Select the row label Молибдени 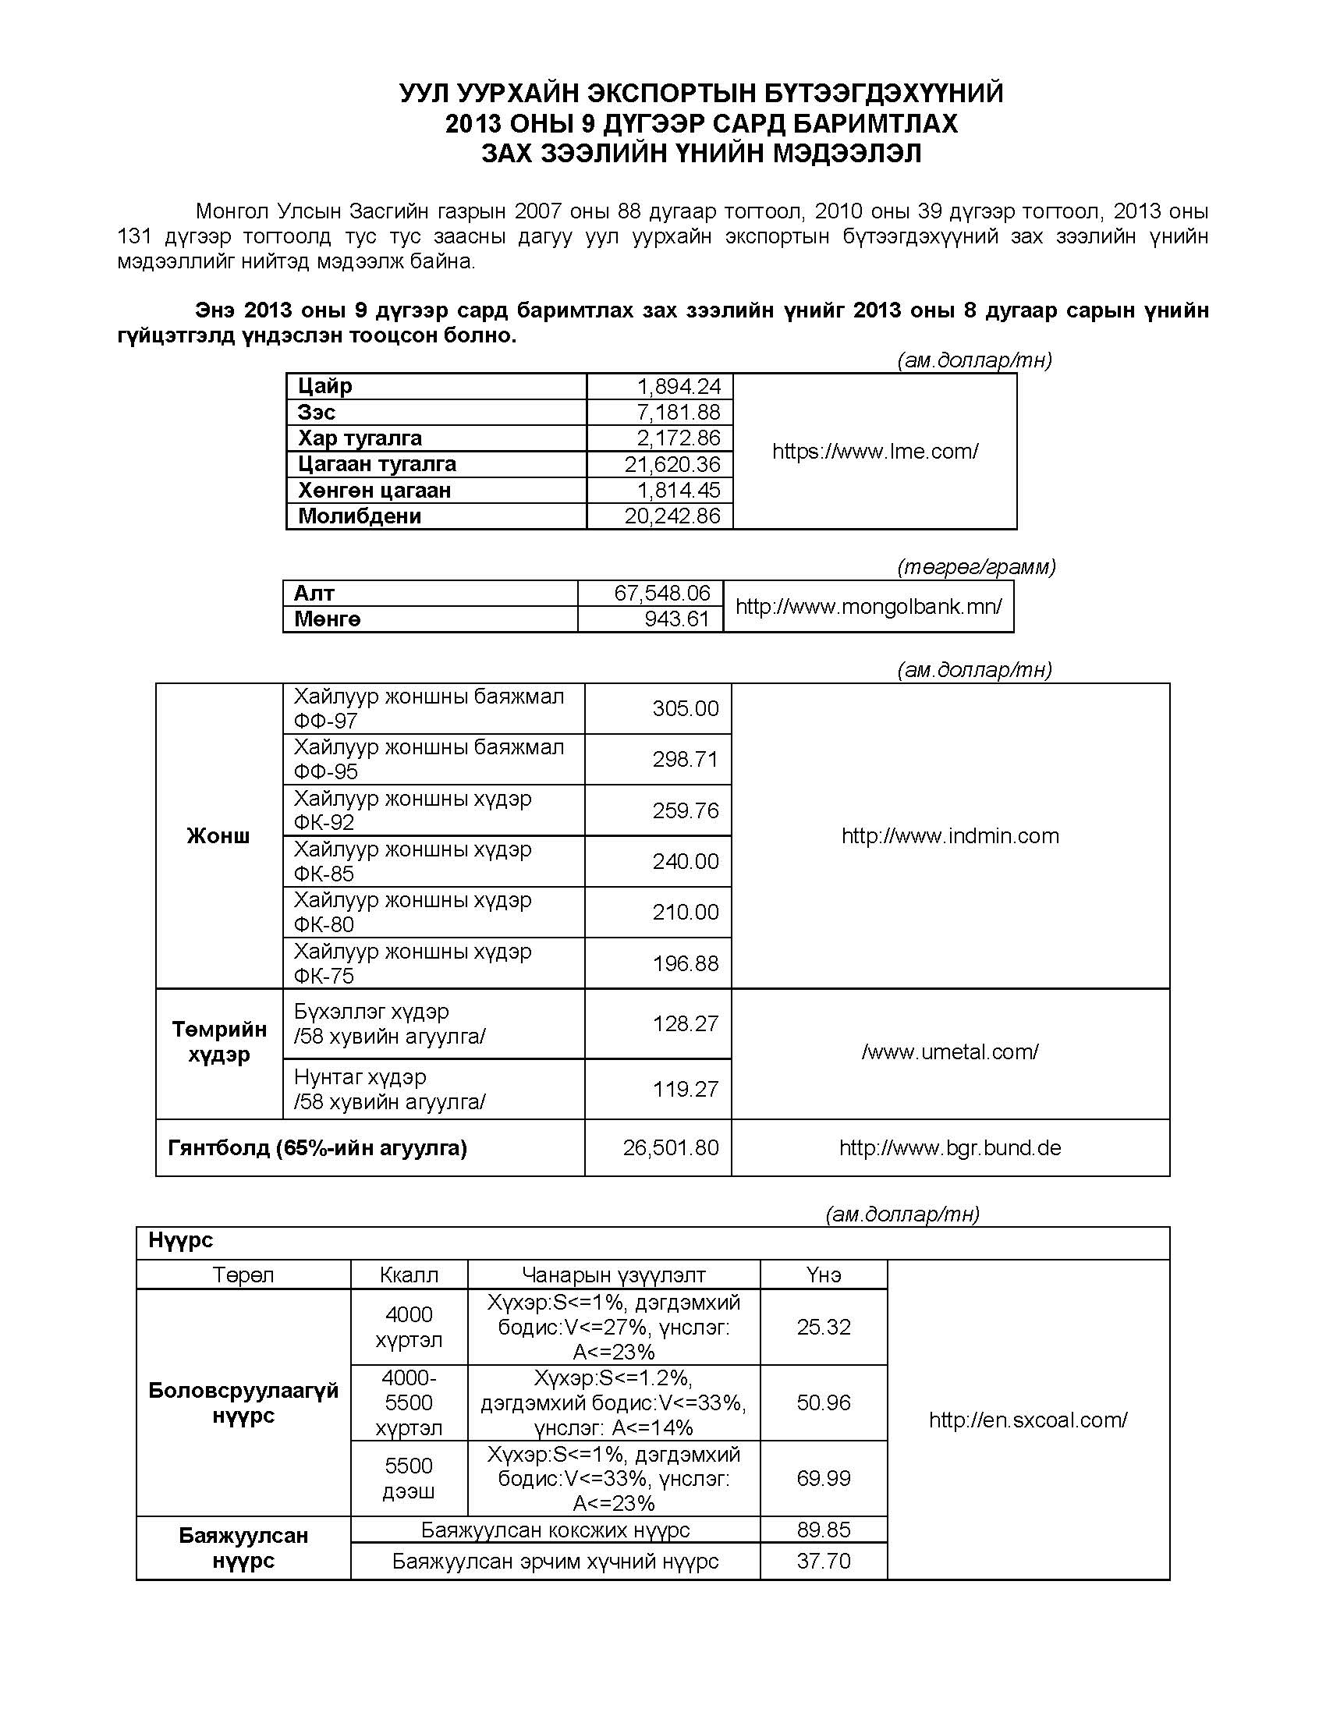coord(360,516)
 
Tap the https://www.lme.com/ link coord(875,451)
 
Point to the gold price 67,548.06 coord(661,594)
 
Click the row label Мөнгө coord(328,619)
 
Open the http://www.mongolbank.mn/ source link coord(868,607)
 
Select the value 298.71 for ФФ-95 coord(685,759)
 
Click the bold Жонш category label coord(218,835)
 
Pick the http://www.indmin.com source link coord(950,835)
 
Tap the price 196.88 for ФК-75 coord(685,963)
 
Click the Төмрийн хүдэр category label coord(219,1042)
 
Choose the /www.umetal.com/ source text coord(950,1052)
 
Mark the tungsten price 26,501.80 coord(670,1148)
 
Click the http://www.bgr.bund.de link coord(950,1148)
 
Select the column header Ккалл coord(409,1275)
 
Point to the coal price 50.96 coord(823,1402)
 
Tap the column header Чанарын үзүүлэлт coord(614,1275)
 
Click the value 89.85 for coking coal coord(823,1530)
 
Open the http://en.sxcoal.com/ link coord(1027,1420)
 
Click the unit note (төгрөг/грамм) coord(977,566)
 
